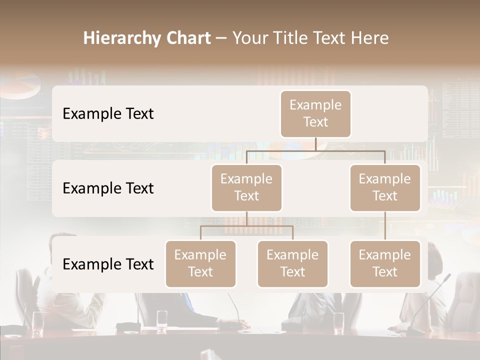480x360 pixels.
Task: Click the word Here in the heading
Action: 369,38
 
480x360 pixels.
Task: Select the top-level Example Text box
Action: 315,114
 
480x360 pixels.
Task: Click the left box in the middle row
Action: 246,188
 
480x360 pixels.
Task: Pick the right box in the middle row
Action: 385,188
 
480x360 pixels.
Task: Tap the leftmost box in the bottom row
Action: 200,264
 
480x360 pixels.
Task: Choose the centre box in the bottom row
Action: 292,264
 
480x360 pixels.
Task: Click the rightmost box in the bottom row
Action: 385,264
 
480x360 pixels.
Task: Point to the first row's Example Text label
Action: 108,114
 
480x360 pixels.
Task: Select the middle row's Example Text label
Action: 108,188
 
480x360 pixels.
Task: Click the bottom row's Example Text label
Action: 108,264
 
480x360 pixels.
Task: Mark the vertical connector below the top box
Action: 315,144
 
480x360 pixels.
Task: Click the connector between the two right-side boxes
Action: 385,226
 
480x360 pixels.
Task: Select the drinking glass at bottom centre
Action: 162,320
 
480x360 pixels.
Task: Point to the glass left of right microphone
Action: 338,322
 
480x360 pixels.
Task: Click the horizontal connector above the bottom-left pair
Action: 246,226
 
